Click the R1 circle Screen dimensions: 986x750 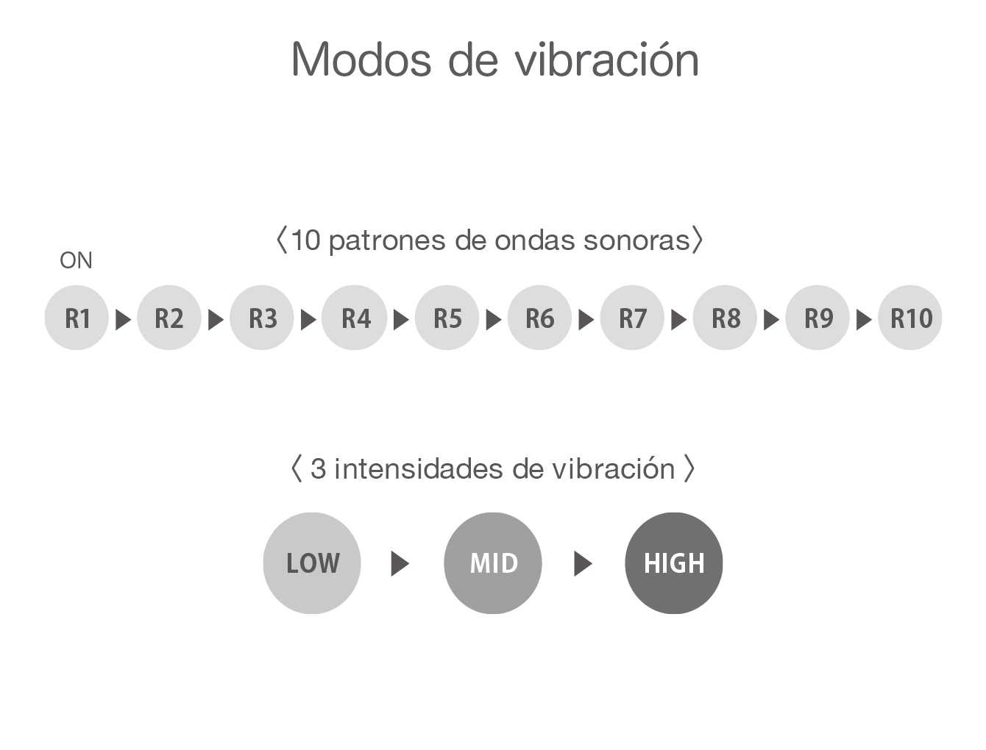(x=77, y=318)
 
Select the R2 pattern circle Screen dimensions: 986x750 (x=169, y=318)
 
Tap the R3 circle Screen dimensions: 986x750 (x=261, y=318)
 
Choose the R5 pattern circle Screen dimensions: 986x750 (x=447, y=318)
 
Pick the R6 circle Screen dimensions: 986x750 (x=539, y=318)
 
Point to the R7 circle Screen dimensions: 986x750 (x=631, y=318)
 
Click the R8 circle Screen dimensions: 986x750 (x=724, y=318)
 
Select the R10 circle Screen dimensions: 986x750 (x=909, y=318)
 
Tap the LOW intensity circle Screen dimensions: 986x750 (x=312, y=562)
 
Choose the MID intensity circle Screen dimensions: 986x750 (x=492, y=562)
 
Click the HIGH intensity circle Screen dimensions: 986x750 (x=673, y=562)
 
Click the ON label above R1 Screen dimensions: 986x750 (x=76, y=260)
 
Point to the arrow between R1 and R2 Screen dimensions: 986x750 (x=123, y=320)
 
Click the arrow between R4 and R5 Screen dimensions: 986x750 (x=400, y=320)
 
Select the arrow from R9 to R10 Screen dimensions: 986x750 (x=863, y=320)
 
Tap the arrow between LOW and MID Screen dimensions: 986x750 (x=400, y=564)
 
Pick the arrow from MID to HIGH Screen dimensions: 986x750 (x=583, y=564)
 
